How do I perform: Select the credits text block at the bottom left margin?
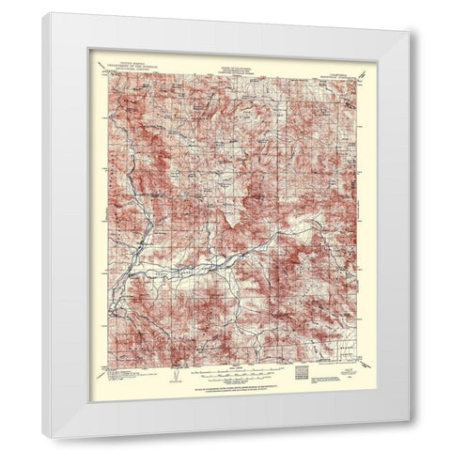point(122,374)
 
